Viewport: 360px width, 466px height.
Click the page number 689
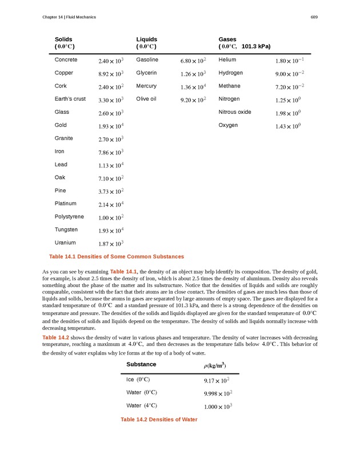(314, 17)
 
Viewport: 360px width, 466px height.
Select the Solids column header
(63, 39)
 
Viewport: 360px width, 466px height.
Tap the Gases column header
(227, 39)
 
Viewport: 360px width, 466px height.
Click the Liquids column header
(147, 39)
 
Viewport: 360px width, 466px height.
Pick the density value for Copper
(111, 74)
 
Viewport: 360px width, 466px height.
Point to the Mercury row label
(146, 86)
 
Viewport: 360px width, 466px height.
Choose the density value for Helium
(289, 61)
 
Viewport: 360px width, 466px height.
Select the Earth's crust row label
(70, 99)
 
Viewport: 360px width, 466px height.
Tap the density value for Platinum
(111, 205)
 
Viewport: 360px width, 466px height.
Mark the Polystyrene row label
(69, 217)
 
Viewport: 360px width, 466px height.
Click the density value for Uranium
(111, 244)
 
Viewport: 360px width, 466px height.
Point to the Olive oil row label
(146, 99)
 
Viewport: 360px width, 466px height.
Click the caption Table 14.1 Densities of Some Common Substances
(117, 256)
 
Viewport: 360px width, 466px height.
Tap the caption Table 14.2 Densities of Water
(159, 420)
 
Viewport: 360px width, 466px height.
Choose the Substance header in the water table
(141, 364)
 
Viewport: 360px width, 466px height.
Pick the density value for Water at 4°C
(218, 407)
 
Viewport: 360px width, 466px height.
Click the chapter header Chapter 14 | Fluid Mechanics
(69, 17)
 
